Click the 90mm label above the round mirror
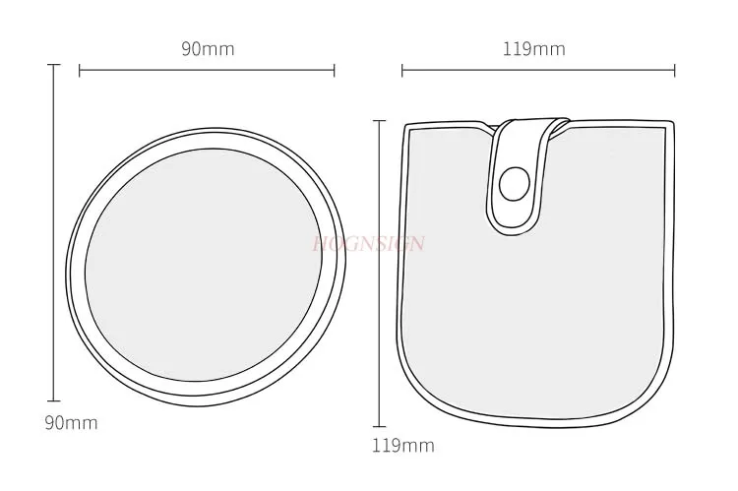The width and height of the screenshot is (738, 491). click(208, 48)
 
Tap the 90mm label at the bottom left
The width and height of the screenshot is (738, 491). click(70, 423)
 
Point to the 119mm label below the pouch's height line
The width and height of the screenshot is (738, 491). click(402, 445)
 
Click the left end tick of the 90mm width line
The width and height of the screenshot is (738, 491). click(80, 70)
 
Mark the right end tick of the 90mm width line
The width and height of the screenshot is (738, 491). click(335, 70)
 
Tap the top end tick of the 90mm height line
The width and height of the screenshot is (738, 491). click(54, 66)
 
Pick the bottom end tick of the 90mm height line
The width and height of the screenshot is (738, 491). click(54, 400)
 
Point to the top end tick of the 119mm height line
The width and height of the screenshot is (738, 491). click(381, 121)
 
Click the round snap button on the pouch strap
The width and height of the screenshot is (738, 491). click(514, 182)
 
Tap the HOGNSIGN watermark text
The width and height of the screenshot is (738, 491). click(367, 243)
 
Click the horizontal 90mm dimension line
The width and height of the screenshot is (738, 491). click(207, 70)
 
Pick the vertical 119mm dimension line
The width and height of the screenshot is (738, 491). click(381, 271)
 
